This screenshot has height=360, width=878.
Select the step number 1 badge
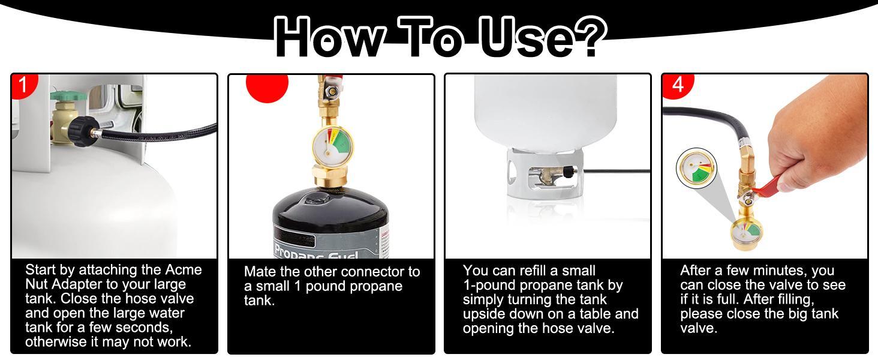tap(23, 85)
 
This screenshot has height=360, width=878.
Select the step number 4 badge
tap(677, 85)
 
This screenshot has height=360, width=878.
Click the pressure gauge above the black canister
tap(332, 146)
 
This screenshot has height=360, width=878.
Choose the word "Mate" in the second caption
tap(260, 272)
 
